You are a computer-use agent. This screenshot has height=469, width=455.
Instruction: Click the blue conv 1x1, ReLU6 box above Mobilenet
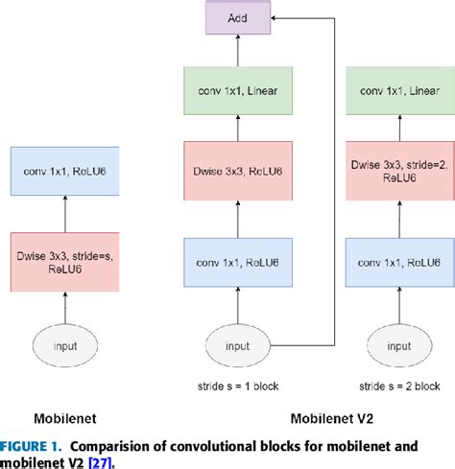click(x=64, y=173)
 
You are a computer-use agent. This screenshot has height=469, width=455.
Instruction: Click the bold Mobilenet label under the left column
click(x=64, y=419)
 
